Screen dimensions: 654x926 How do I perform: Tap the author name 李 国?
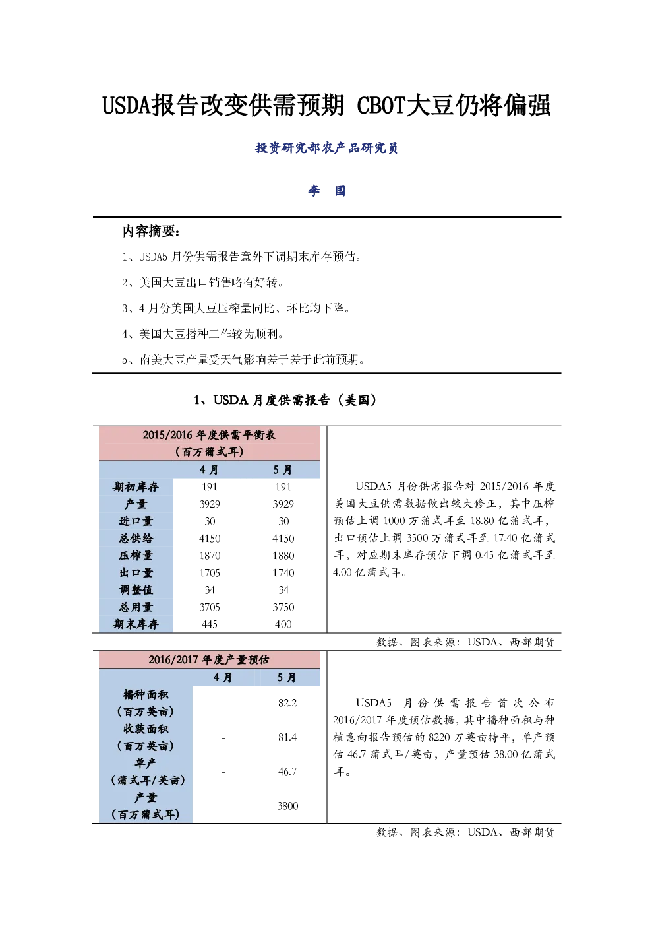[326, 191]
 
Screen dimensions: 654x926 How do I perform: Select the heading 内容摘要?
[151, 232]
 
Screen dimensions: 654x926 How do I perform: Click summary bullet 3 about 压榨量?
[236, 308]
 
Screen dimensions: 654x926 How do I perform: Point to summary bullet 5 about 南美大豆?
[243, 360]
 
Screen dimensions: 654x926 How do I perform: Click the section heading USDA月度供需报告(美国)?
[285, 400]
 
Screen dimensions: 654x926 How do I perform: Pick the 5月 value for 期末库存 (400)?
[283, 624]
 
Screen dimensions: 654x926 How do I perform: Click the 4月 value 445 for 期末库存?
[210, 624]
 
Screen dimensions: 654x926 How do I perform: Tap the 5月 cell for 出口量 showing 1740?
[283, 572]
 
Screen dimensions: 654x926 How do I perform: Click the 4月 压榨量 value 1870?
[210, 556]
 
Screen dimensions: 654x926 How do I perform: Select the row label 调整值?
[136, 590]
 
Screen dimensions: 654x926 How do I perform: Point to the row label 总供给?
[136, 538]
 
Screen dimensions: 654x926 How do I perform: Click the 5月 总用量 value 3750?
[283, 607]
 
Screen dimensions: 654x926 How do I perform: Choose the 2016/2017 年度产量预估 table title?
[209, 659]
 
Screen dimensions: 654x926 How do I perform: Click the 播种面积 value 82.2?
[287, 703]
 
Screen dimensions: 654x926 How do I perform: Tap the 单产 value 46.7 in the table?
[287, 772]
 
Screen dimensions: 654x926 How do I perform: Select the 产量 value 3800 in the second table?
[287, 806]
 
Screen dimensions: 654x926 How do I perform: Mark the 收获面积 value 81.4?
[287, 737]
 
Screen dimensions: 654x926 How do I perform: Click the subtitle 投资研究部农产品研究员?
[326, 148]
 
